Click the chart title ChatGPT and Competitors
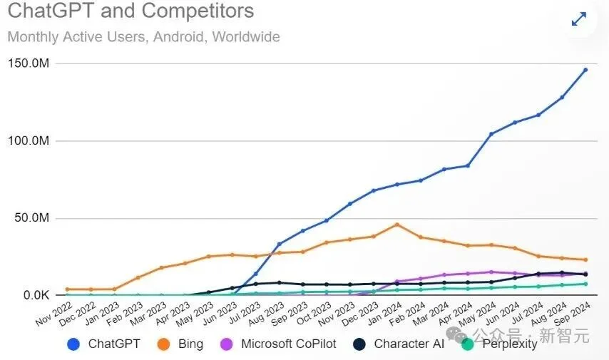coord(130,12)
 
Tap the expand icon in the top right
coord(579,19)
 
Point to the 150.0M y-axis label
coord(29,64)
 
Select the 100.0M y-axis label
coord(29,141)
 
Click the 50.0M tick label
coord(31,218)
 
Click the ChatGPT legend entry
coord(104,344)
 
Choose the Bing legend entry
coord(178,344)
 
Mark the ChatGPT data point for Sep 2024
coord(585,70)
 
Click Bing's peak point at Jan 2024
coord(397,225)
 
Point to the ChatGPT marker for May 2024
coord(491,134)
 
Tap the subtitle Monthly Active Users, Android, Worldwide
coord(143,36)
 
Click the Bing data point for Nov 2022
coord(67,289)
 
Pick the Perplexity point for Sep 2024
coord(585,284)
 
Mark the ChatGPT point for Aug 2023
coord(280,245)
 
